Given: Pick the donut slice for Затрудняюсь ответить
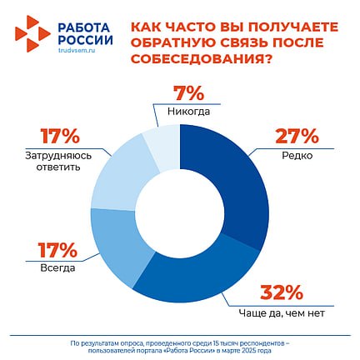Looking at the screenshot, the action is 122,177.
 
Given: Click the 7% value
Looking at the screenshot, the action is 189,93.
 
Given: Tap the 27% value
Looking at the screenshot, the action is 297,136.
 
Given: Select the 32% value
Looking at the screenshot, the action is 281,292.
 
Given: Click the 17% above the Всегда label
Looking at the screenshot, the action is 57,250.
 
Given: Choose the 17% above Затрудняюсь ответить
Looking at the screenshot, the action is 60,136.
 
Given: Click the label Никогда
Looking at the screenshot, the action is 189,112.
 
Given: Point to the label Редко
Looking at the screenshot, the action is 297,156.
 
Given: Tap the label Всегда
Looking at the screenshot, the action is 57,268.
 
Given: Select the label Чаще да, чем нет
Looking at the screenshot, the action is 282,313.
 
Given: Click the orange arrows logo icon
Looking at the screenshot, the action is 32,34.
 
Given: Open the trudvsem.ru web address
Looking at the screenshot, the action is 77,51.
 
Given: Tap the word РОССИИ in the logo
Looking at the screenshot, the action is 86,40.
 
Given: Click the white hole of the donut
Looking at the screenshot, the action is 180,213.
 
